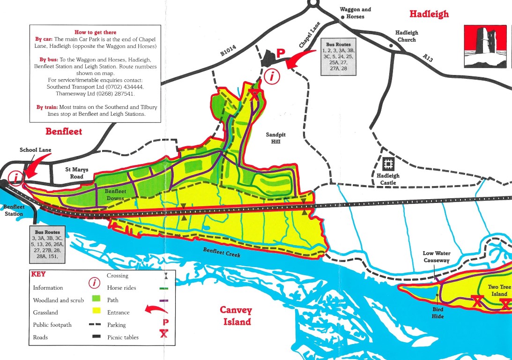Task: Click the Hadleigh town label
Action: (429, 14)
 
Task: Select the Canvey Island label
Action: (236, 316)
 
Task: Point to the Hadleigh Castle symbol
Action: (388, 164)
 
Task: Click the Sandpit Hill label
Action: (275, 138)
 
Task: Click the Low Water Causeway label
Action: (436, 257)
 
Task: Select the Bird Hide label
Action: (438, 313)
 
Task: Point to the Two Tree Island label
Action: (497, 291)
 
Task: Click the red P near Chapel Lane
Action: (280, 53)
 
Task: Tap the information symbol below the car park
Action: (271, 75)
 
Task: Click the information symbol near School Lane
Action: (17, 178)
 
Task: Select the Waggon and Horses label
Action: (355, 13)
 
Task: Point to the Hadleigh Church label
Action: (406, 36)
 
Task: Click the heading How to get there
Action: (95, 32)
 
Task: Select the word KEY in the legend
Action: (38, 274)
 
